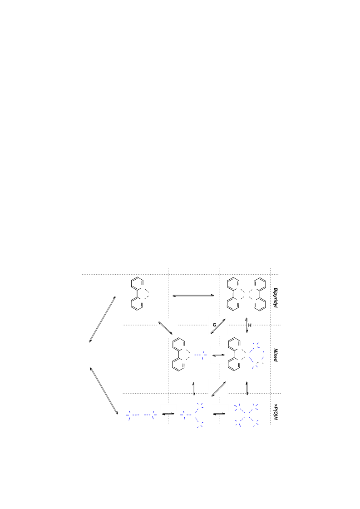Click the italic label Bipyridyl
click(x=275, y=297)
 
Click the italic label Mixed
click(x=275, y=355)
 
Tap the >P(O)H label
click(x=275, y=412)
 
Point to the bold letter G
click(x=214, y=325)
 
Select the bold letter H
click(x=250, y=325)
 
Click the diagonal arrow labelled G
click(x=218, y=326)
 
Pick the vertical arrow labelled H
click(x=247, y=325)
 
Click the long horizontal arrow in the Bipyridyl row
click(x=193, y=296)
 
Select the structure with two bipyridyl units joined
click(x=247, y=294)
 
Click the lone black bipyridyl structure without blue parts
click(x=139, y=294)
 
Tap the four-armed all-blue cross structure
click(x=247, y=415)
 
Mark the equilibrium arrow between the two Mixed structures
click(x=218, y=356)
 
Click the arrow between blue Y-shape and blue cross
click(x=219, y=414)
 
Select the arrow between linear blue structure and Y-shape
click(x=168, y=414)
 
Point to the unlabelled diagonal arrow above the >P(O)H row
click(x=219, y=389)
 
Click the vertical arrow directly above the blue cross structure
click(x=247, y=388)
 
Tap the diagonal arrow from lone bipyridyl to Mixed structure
click(x=166, y=328)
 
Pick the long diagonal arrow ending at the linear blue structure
click(x=104, y=391)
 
